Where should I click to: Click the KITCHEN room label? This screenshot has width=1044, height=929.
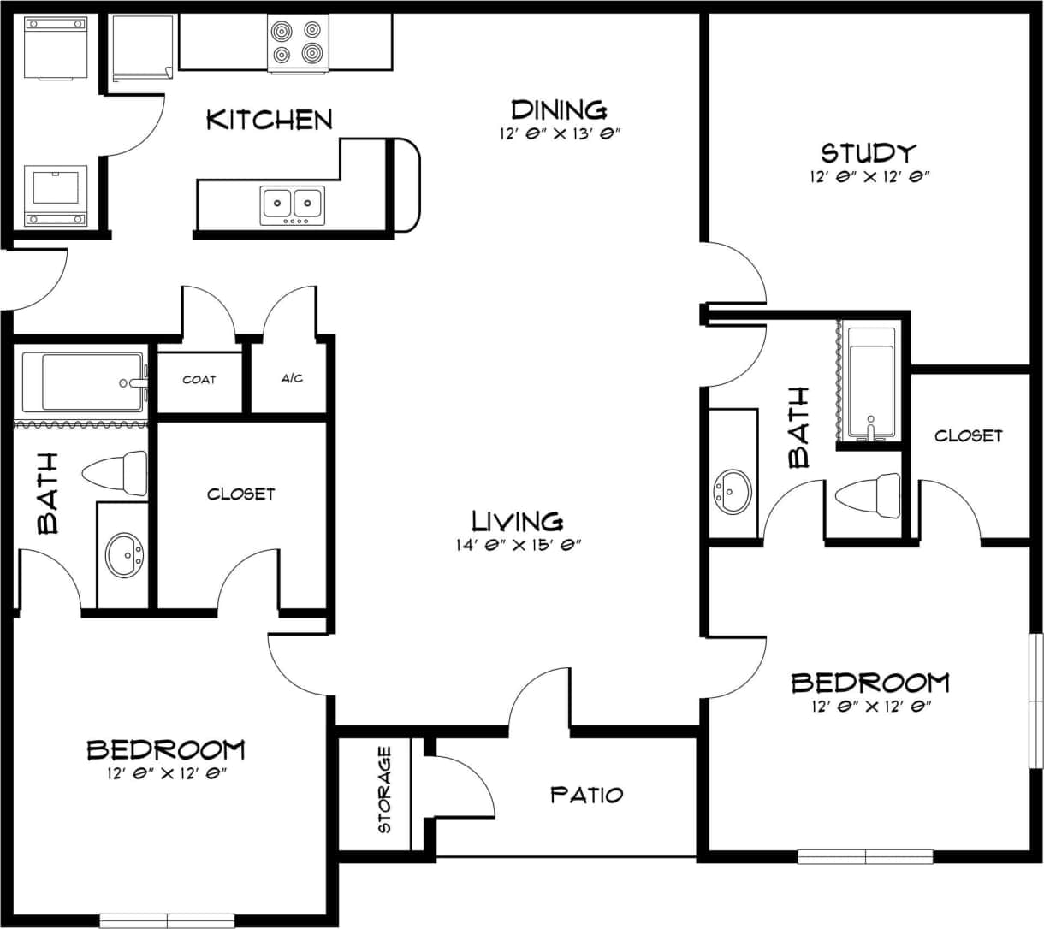tap(270, 120)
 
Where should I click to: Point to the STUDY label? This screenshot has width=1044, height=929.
tap(869, 153)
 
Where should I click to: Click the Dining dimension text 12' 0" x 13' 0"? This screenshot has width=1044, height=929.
tap(559, 133)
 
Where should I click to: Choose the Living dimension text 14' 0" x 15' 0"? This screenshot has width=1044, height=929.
tap(519, 544)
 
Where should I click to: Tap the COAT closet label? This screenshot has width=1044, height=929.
tap(199, 379)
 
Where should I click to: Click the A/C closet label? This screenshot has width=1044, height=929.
tap(292, 378)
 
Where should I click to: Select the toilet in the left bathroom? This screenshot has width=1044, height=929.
tap(116, 473)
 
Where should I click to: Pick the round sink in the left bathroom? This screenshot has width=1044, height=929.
tap(124, 555)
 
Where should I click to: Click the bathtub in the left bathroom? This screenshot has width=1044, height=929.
tap(83, 382)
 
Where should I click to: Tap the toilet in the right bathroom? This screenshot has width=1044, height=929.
tap(867, 495)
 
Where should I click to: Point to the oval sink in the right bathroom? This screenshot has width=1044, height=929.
tap(733, 490)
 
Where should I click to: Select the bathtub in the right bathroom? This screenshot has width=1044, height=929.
tap(869, 382)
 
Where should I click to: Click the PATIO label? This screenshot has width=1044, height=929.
tap(586, 795)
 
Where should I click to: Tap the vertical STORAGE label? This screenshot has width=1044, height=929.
tap(384, 790)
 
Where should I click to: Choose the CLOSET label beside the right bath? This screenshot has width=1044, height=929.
tap(968, 435)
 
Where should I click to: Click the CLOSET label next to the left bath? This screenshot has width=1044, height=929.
tap(241, 494)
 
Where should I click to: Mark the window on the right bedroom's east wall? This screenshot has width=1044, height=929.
tap(1036, 701)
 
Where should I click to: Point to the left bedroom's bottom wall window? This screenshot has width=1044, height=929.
tap(167, 920)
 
